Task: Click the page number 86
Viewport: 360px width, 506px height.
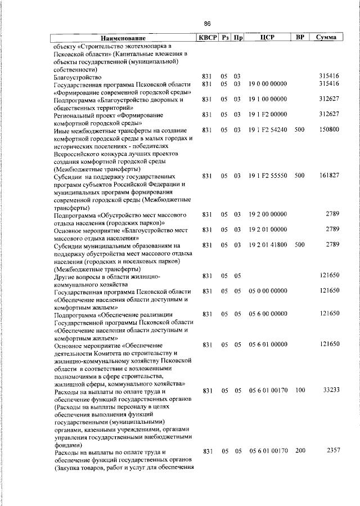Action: tap(207, 24)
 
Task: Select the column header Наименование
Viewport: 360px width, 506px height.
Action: tap(123, 38)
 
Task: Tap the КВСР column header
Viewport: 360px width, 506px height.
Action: tap(206, 38)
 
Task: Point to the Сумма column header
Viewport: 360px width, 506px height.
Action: tap(326, 38)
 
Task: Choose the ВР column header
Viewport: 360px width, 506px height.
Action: tap(300, 38)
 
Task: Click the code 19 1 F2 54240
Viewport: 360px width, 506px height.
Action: tap(268, 129)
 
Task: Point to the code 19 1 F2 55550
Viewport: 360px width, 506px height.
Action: tap(268, 176)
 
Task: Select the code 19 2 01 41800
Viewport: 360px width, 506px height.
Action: tap(268, 245)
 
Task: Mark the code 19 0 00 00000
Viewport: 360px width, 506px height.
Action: tap(268, 84)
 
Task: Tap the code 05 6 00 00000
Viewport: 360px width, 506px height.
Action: tap(268, 314)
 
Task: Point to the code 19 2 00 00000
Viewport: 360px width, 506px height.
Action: tap(268, 214)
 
